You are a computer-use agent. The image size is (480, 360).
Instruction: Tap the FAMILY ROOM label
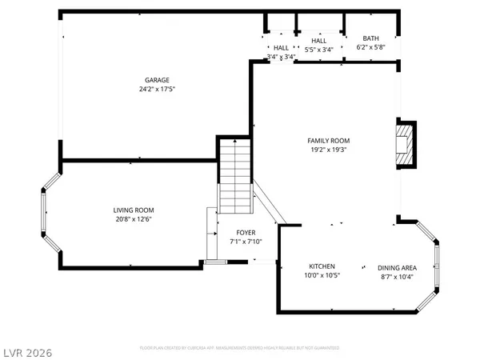(x=329, y=141)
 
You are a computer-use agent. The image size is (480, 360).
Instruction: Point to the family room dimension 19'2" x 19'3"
(x=329, y=150)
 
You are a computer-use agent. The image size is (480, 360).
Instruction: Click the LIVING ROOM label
(x=133, y=210)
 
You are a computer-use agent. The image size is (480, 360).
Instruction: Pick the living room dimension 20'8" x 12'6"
(x=133, y=219)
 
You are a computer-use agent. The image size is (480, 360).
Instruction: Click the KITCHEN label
(x=322, y=266)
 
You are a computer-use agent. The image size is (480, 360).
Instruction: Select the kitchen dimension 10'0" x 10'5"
(x=322, y=276)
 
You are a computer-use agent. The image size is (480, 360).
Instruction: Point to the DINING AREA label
(x=396, y=267)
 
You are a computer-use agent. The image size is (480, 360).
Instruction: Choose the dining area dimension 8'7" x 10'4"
(x=396, y=276)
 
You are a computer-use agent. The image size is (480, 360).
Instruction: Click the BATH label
(x=370, y=38)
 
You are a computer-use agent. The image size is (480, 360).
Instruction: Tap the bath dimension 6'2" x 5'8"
(x=370, y=48)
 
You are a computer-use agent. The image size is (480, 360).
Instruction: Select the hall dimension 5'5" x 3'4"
(x=319, y=49)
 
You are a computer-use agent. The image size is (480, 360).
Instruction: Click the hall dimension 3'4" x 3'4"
(x=281, y=57)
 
